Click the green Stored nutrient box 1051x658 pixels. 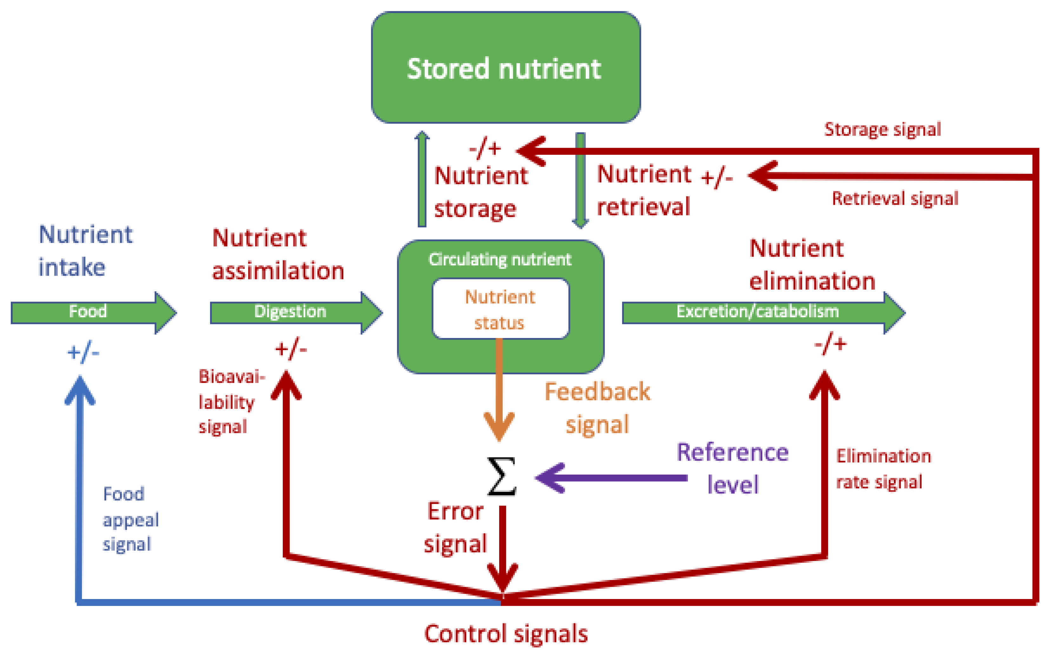click(506, 68)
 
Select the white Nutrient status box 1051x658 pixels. click(500, 309)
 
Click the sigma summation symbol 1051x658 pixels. click(502, 477)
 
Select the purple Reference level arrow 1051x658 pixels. click(611, 478)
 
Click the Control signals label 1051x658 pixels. click(506, 634)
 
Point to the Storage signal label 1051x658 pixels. click(882, 129)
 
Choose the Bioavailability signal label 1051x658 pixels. click(232, 401)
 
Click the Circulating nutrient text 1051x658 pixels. click(500, 259)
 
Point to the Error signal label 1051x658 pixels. click(455, 527)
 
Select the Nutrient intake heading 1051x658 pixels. click(85, 251)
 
